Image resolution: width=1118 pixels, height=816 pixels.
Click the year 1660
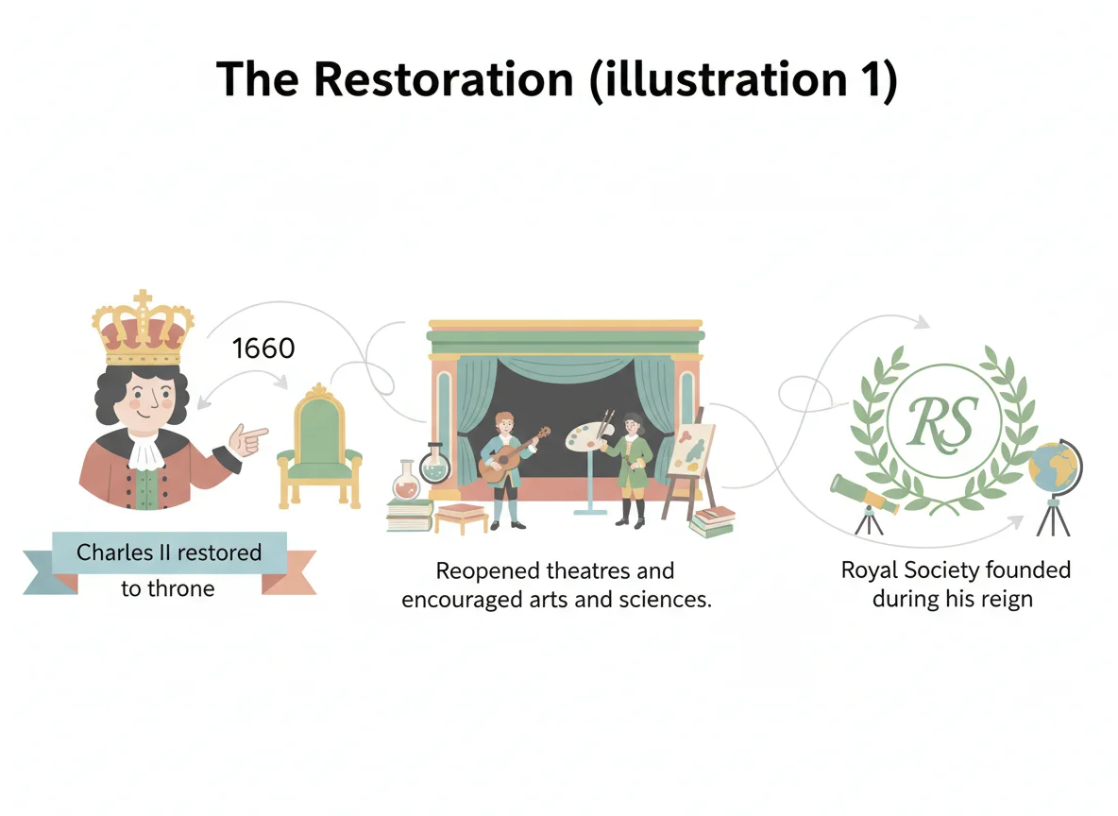263,348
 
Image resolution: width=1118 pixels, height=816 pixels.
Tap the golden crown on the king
144,331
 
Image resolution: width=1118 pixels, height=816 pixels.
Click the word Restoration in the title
443,79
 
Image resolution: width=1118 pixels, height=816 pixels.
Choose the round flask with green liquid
436,465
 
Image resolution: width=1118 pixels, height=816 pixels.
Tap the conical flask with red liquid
406,482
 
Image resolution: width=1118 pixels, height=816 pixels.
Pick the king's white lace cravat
144,451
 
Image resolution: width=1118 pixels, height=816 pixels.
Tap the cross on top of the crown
144,300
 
